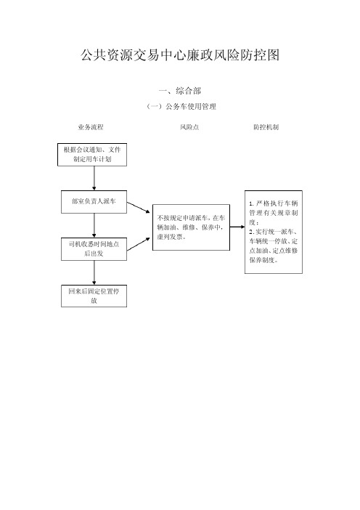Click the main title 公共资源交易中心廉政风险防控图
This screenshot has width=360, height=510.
coord(180,55)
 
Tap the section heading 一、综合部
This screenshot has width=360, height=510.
coord(180,91)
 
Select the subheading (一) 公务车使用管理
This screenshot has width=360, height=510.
coord(181,106)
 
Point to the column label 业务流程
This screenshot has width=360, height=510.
coord(91,127)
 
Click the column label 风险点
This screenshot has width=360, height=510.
coord(189,127)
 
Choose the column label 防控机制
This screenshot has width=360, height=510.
coord(266,127)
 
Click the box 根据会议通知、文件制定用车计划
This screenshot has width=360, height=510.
coord(92,155)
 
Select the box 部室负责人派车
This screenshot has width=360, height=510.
coord(94,202)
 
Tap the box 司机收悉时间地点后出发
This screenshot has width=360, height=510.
coord(94,248)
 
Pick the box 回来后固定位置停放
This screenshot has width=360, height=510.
coord(94,296)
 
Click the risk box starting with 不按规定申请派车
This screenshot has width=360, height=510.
coord(191,227)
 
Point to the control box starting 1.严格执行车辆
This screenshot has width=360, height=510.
coord(274,232)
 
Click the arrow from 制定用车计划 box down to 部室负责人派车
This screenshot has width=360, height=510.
coord(94,178)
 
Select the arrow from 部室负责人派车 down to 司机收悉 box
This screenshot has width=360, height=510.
coord(94,225)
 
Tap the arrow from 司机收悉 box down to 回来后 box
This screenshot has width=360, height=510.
coord(94,272)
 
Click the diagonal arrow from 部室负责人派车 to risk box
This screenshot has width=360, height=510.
coord(139,208)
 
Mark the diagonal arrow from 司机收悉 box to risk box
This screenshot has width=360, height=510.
coord(139,244)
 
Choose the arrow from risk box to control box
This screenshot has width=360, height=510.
coord(237,227)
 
